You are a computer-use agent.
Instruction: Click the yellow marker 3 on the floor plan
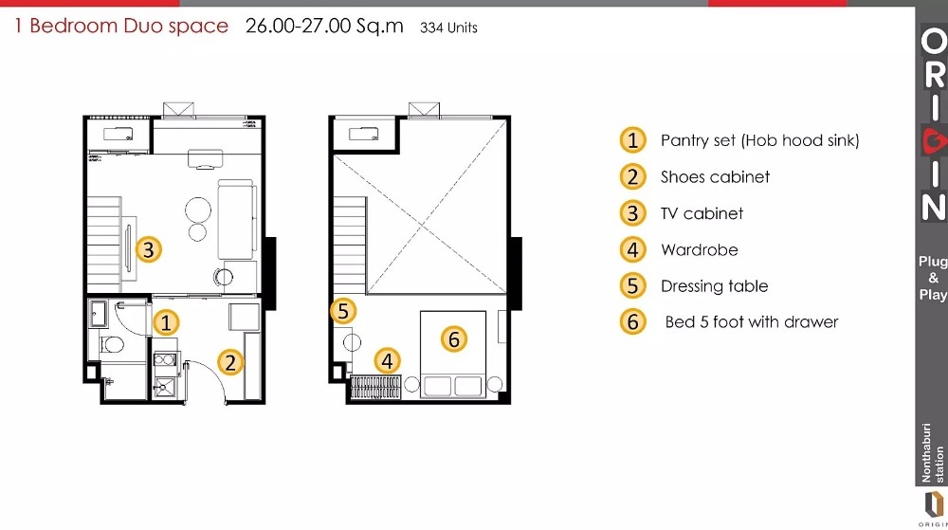149,249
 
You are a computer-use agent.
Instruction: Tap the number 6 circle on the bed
454,338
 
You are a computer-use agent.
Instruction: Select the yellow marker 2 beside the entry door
230,362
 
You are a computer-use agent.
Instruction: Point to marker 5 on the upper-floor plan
343,311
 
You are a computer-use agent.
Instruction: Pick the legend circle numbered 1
633,140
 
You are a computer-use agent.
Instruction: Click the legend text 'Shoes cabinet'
715,177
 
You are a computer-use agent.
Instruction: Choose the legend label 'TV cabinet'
702,213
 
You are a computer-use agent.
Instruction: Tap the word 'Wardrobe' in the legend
700,249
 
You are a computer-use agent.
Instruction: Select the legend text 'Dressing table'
715,285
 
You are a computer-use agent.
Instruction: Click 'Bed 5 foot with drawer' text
752,322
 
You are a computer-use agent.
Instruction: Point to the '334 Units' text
448,27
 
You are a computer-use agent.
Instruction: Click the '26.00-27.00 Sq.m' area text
324,26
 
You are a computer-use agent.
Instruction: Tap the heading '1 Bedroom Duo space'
121,26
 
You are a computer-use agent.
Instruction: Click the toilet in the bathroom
110,345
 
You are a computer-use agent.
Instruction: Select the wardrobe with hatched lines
375,388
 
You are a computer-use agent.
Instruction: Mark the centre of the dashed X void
422,226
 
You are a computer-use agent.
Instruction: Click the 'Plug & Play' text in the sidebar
933,278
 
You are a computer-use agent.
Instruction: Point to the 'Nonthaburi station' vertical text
932,452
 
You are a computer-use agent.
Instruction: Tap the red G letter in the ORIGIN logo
934,142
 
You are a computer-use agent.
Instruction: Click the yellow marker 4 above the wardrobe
388,361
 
